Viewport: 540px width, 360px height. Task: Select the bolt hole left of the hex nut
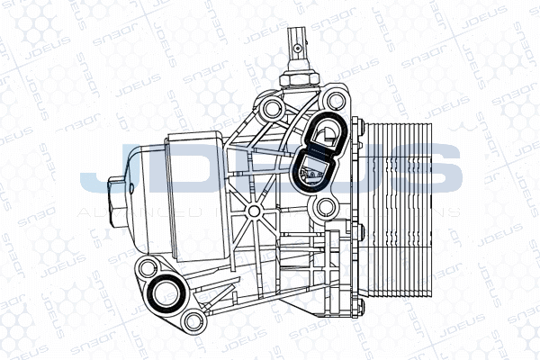point(271,112)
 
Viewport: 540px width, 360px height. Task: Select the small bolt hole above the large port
point(147,266)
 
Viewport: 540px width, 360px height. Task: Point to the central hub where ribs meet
point(255,212)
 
